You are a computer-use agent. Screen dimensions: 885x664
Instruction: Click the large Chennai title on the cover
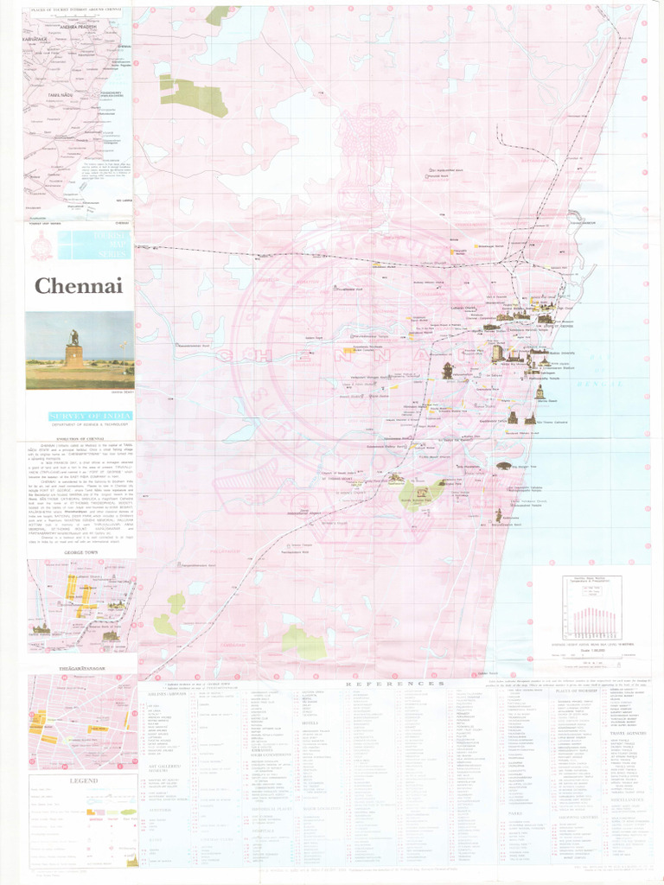pos(79,286)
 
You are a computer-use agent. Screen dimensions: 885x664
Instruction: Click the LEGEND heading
pos(83,780)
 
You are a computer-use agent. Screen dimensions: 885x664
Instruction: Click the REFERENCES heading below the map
pos(395,684)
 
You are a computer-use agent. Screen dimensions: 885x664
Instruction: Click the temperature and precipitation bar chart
pos(591,610)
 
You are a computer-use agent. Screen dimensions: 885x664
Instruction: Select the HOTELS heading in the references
pos(313,723)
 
